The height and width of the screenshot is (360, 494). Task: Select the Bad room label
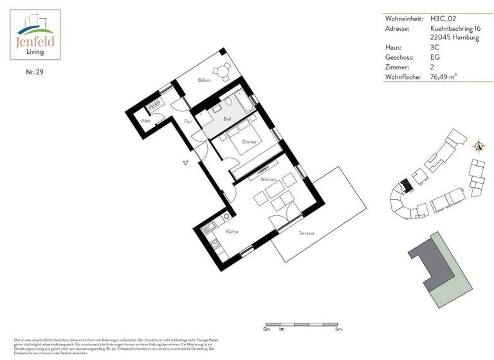click(227, 120)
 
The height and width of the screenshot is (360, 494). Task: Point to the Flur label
click(188, 121)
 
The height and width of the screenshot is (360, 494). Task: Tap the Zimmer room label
click(249, 141)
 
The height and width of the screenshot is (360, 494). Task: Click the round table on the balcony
click(223, 71)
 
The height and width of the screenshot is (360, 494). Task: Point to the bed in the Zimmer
click(232, 144)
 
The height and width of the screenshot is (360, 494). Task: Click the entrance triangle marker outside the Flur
click(185, 163)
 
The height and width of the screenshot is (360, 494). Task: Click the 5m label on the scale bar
click(339, 329)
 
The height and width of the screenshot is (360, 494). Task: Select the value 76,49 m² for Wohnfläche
click(448, 77)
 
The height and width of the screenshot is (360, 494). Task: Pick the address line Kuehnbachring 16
click(455, 28)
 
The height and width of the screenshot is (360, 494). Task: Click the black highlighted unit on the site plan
click(405, 186)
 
